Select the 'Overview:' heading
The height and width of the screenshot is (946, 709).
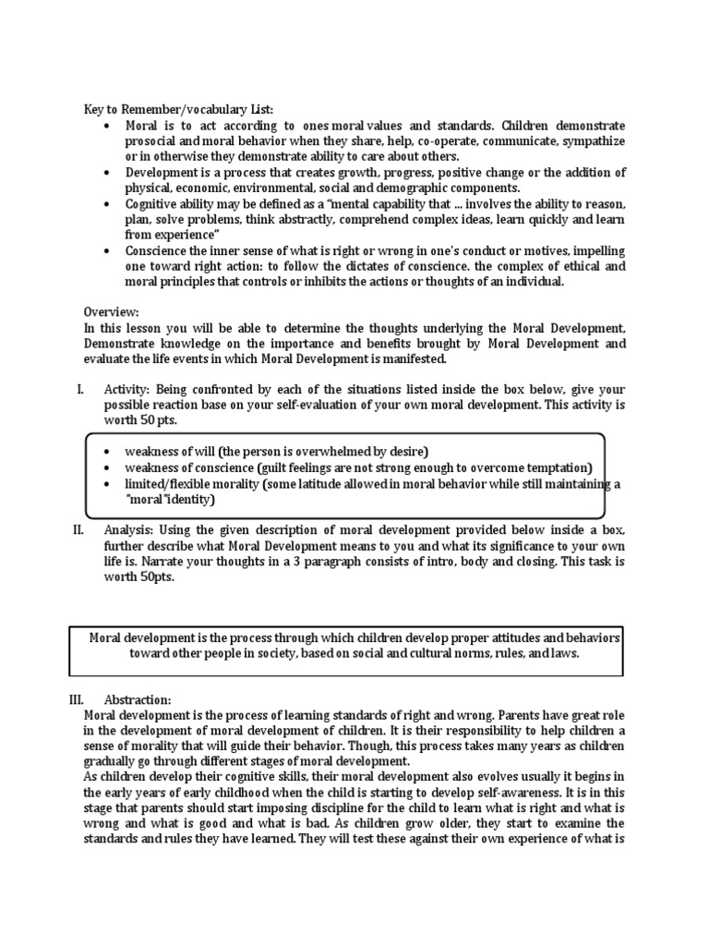[113, 312]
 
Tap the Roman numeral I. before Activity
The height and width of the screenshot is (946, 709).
[80, 393]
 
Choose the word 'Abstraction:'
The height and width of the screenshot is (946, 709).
[138, 699]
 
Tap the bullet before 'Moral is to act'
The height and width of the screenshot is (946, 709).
[110, 126]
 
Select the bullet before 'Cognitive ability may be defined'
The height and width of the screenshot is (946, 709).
[110, 203]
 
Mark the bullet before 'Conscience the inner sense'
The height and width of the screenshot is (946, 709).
[110, 250]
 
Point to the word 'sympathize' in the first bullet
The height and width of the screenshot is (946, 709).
[593, 141]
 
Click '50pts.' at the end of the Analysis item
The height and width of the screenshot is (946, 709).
[151, 577]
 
